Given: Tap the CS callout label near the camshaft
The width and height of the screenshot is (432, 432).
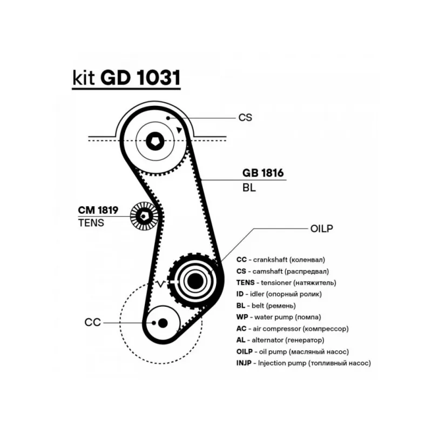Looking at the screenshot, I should tap(245, 117).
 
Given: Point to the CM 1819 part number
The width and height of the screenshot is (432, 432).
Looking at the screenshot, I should tap(98, 210).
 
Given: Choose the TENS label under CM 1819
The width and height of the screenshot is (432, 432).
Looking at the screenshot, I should tap(91, 222).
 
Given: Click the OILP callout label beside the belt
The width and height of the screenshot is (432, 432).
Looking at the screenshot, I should tap(322, 228).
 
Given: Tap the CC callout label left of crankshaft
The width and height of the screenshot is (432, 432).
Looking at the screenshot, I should tap(92, 322).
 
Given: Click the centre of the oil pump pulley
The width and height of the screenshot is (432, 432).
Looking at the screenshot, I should tap(193, 279).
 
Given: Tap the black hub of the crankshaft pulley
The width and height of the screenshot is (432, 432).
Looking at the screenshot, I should tap(163, 322).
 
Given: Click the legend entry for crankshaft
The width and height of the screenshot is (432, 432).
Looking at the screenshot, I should tap(282, 259).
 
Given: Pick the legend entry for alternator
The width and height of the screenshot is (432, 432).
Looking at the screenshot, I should tap(280, 340).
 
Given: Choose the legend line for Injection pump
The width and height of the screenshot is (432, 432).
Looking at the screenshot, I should tap(303, 363).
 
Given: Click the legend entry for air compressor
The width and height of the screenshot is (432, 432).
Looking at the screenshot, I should tap(292, 328).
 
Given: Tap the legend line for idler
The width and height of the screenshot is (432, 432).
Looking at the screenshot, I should tap(279, 294).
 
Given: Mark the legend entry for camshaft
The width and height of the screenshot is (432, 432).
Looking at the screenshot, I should tap(282, 271).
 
